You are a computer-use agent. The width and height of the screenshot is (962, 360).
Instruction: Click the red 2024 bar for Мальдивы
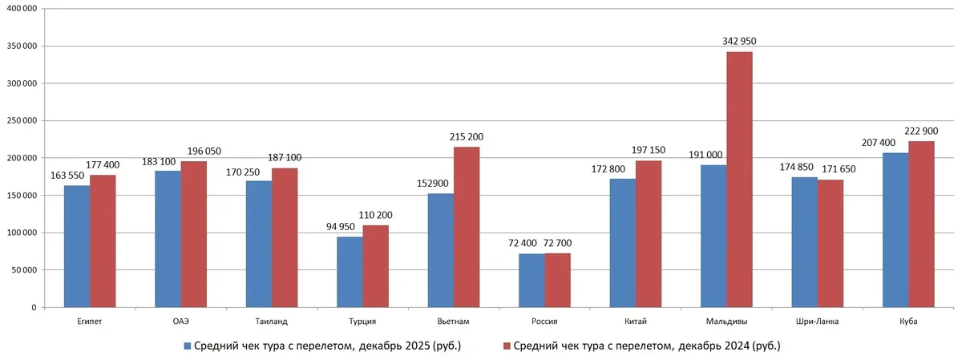click(739, 180)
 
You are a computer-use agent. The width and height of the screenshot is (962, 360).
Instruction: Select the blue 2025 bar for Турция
click(350, 272)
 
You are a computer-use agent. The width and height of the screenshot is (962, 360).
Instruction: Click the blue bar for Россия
click(532, 281)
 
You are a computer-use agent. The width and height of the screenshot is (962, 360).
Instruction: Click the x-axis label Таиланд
click(272, 322)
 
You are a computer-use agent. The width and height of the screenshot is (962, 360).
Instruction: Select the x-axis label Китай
click(635, 322)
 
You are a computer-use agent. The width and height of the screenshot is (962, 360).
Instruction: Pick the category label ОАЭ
click(180, 322)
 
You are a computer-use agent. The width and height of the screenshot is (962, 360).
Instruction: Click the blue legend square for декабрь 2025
click(188, 346)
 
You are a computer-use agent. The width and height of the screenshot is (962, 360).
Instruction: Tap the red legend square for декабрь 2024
click(506, 346)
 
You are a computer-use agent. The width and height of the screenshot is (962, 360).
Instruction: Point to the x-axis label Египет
click(90, 322)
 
